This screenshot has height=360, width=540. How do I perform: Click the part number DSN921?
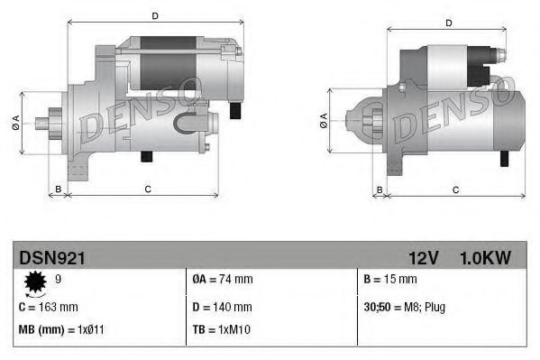pyautogui.click(x=52, y=258)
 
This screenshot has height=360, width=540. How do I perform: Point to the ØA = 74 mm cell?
pyautogui.click(x=223, y=280)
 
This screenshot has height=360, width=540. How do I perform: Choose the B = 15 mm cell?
pyautogui.click(x=391, y=280)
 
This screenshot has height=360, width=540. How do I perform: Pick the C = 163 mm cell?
pyautogui.click(x=49, y=307)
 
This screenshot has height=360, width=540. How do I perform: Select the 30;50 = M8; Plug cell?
pyautogui.click(x=405, y=307)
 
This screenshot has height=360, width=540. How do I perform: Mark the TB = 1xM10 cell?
pyautogui.click(x=222, y=330)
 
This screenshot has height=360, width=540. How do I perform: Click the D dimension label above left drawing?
pyautogui.click(x=155, y=15)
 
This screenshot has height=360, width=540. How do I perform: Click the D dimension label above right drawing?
pyautogui.click(x=448, y=23)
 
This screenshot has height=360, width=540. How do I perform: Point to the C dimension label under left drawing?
pyautogui.click(x=147, y=188)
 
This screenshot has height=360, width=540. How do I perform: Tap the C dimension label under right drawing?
pyautogui.click(x=455, y=189)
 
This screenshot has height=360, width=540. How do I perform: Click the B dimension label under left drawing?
pyautogui.click(x=59, y=188)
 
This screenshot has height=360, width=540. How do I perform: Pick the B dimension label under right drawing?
pyautogui.click(x=380, y=189)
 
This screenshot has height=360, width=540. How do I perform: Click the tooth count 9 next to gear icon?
pyautogui.click(x=58, y=280)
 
